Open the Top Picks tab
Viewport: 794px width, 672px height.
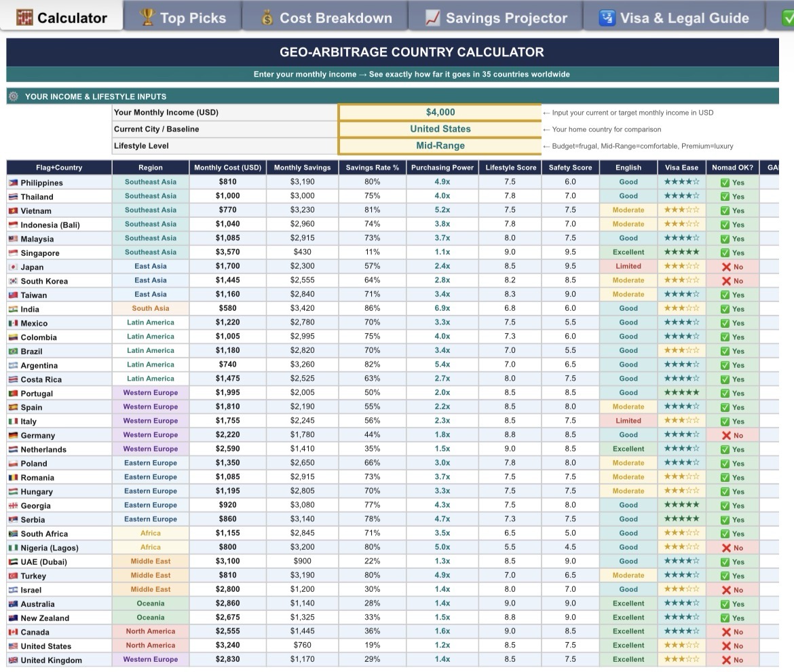[x=182, y=18]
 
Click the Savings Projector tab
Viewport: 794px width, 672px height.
[x=496, y=18]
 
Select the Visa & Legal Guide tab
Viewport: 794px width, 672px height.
[x=675, y=18]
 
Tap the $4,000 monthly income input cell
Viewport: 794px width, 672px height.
[x=440, y=113]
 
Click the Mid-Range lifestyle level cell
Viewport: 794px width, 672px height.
[x=440, y=146]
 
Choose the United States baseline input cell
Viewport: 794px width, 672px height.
[x=440, y=129]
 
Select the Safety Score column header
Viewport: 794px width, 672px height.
[x=570, y=168]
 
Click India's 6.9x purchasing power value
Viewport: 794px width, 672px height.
[x=442, y=309]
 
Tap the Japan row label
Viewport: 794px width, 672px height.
[x=32, y=267]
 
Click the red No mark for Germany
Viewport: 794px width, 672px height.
[x=732, y=435]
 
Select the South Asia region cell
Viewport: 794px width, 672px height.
[x=151, y=309]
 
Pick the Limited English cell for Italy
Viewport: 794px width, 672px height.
[x=628, y=421]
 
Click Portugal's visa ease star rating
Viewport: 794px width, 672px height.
[x=681, y=393]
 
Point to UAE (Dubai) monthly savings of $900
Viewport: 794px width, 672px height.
[x=302, y=561]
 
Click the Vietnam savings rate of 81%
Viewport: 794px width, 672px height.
[x=372, y=210]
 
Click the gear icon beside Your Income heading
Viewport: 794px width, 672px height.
[x=14, y=96]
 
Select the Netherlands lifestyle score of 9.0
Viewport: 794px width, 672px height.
[x=510, y=449]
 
